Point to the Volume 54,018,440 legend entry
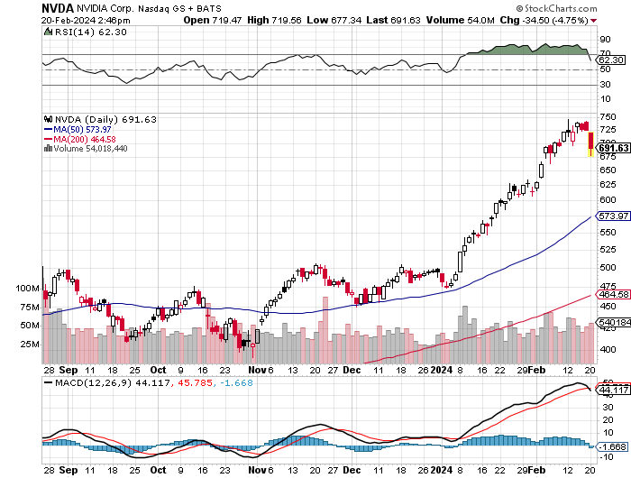pyautogui.click(x=90, y=149)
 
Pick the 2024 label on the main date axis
pyautogui.click(x=442, y=370)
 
